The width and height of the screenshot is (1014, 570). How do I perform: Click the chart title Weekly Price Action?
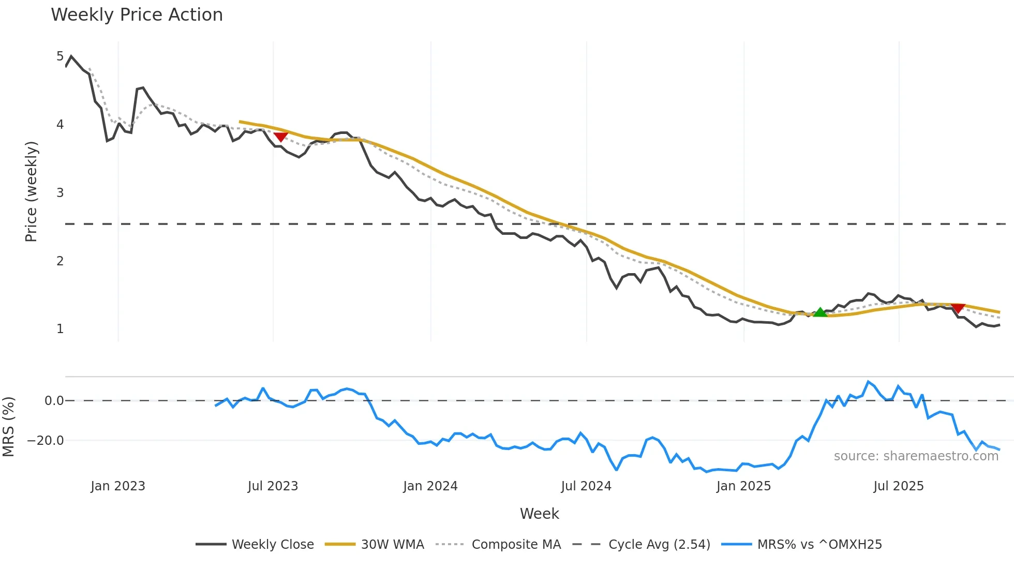137,15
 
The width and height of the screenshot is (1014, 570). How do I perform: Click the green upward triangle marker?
820,312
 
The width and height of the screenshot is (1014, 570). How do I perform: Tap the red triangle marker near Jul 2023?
280,137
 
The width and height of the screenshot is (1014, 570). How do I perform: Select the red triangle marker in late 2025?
958,308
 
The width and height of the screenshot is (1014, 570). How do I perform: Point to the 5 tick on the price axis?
60,56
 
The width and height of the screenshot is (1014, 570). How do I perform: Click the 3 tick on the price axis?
60,192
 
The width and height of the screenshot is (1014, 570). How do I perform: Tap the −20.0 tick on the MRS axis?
46,441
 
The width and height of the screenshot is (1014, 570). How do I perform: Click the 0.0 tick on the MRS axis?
54,400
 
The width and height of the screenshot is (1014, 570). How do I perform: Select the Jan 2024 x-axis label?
430,486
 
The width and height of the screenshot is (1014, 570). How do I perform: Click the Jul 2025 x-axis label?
899,486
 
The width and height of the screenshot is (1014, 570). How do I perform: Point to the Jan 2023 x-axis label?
118,486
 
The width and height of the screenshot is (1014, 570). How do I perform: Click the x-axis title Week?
539,514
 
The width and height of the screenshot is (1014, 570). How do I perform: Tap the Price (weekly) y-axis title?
31,191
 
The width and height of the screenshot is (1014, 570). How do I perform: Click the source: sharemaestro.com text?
916,456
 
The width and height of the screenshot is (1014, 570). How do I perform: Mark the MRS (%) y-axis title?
8,427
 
